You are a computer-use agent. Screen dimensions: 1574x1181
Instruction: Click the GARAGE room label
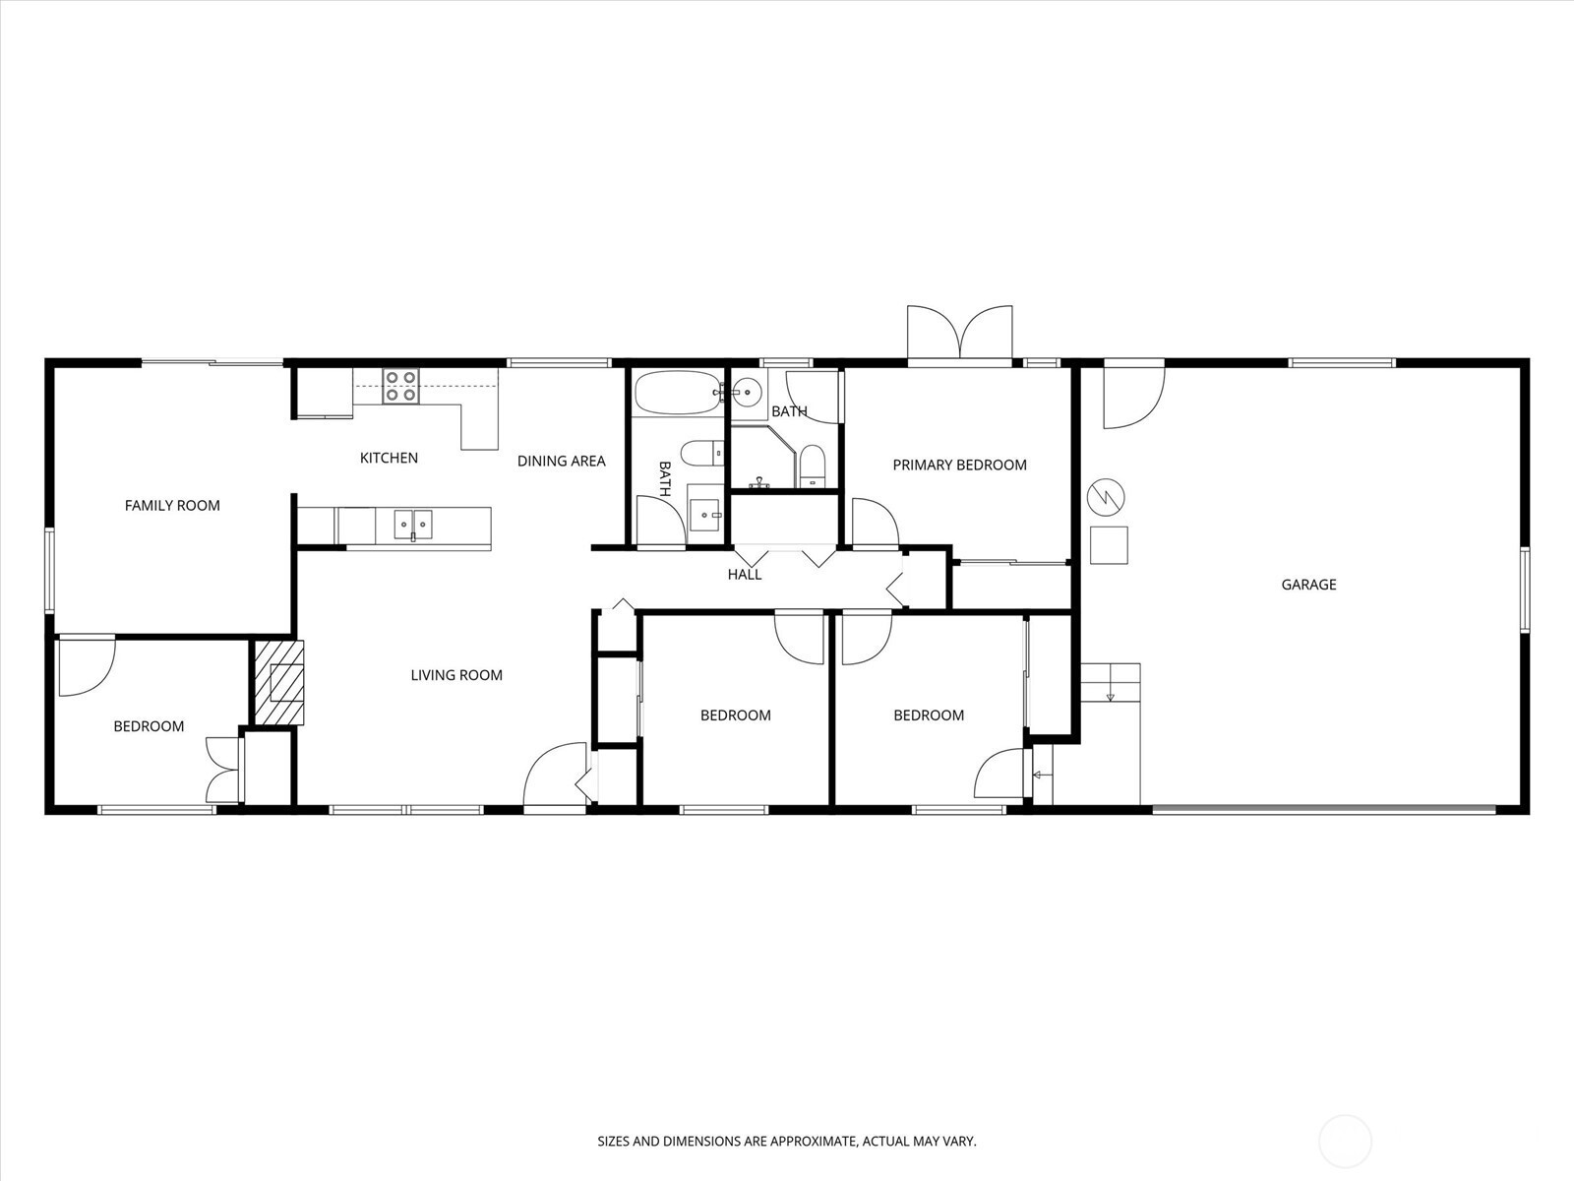pyautogui.click(x=1308, y=585)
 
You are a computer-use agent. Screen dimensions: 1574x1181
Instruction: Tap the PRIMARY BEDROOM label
pyautogui.click(x=959, y=465)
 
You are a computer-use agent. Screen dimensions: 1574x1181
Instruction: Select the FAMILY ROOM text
pyautogui.click(x=172, y=506)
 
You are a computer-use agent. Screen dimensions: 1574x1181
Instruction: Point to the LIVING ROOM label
pyautogui.click(x=456, y=675)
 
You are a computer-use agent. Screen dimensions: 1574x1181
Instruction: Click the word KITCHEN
pyautogui.click(x=389, y=458)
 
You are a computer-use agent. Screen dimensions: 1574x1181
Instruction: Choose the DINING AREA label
pyautogui.click(x=562, y=461)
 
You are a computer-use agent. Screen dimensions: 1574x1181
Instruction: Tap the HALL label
pyautogui.click(x=745, y=575)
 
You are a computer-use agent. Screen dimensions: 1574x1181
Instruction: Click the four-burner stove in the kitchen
pyautogui.click(x=400, y=386)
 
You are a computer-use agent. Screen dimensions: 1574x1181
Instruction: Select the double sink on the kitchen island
pyautogui.click(x=413, y=525)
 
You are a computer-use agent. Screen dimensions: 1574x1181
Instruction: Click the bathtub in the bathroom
pyautogui.click(x=678, y=393)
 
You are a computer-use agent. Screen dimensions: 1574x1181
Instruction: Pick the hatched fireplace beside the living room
pyautogui.click(x=279, y=683)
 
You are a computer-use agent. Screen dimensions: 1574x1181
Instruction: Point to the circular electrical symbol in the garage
pyautogui.click(x=1106, y=497)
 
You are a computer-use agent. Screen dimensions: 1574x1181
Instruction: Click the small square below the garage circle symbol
pyautogui.click(x=1109, y=545)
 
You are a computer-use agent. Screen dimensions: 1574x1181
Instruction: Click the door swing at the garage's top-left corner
pyautogui.click(x=1133, y=398)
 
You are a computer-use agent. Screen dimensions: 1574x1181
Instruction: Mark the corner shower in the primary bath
pyautogui.click(x=763, y=456)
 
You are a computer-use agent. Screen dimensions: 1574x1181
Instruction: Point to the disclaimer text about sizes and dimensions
pyautogui.click(x=787, y=1141)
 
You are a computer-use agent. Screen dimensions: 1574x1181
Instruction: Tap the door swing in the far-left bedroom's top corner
pyautogui.click(x=87, y=666)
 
